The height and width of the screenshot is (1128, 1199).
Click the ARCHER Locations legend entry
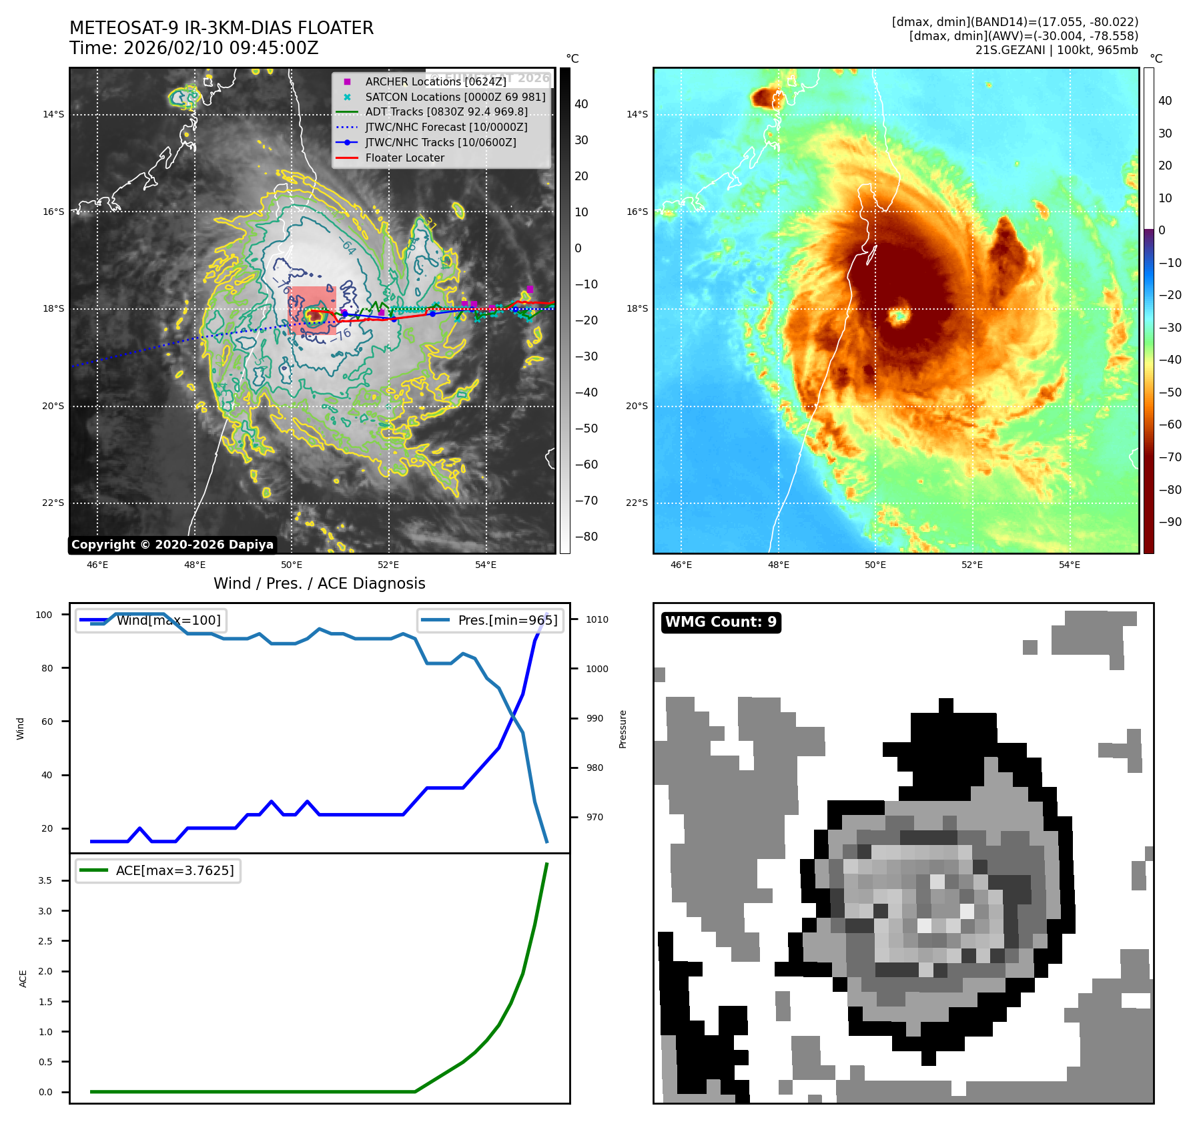pyautogui.click(x=435, y=81)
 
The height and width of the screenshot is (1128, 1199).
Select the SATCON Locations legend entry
pyautogui.click(x=455, y=97)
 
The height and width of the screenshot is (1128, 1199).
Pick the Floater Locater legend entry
pyautogui.click(x=404, y=158)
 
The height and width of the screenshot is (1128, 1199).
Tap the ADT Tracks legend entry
pyautogui.click(x=446, y=112)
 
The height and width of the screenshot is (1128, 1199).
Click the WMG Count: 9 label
pyautogui.click(x=721, y=622)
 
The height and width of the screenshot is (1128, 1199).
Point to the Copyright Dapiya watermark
pyautogui.click(x=172, y=545)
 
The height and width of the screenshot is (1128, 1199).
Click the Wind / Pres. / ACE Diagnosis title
pyautogui.click(x=319, y=583)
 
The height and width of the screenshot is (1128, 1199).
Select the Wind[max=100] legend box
pyautogui.click(x=151, y=620)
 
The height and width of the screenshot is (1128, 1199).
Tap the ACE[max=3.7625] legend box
pyautogui.click(x=158, y=870)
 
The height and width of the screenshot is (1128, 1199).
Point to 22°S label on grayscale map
pyautogui.click(x=53, y=503)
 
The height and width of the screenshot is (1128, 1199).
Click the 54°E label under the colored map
pyautogui.click(x=1069, y=565)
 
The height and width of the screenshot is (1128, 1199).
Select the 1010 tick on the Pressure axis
pyautogui.click(x=597, y=619)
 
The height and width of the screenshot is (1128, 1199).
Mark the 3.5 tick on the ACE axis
pyautogui.click(x=45, y=880)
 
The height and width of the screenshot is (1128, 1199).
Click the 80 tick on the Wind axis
pyautogui.click(x=47, y=668)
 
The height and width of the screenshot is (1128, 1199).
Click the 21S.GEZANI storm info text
pyautogui.click(x=1056, y=50)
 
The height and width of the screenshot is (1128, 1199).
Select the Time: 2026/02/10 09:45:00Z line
pyautogui.click(x=193, y=48)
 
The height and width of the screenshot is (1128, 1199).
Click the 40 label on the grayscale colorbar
pyautogui.click(x=581, y=104)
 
